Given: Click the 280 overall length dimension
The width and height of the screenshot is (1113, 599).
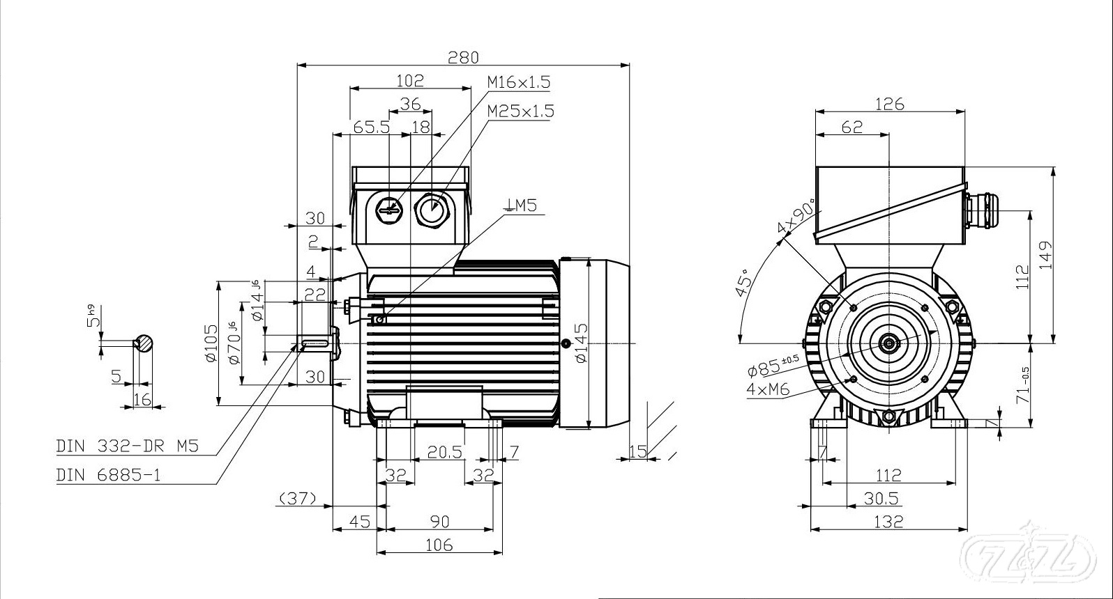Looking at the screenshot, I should tap(463, 57).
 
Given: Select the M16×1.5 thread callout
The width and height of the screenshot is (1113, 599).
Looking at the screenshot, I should tap(519, 82).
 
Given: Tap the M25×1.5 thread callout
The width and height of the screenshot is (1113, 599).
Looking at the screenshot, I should tap(520, 111).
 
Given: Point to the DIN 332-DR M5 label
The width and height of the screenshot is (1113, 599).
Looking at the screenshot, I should tap(128, 446).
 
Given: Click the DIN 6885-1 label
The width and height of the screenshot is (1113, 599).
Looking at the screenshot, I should tap(109, 475).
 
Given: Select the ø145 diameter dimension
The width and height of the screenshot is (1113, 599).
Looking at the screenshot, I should tap(582, 343).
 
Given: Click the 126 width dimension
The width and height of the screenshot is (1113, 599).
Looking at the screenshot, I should tap(889, 104).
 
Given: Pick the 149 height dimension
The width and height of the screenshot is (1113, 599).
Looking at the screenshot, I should tap(1044, 256).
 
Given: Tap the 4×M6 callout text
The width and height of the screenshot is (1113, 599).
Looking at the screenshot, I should tap(768, 389).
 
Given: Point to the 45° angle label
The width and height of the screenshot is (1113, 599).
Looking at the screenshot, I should tap(744, 283).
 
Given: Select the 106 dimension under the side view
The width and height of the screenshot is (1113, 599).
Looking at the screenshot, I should tap(439, 545).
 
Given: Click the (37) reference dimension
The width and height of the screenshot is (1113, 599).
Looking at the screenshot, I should tap(298, 498).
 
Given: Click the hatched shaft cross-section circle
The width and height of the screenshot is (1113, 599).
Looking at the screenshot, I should tap(144, 343).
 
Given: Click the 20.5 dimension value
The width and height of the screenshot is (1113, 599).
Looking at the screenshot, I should tap(445, 452).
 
